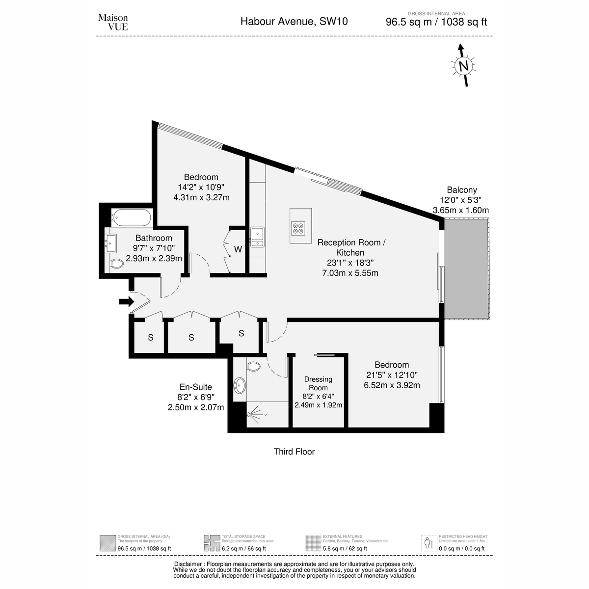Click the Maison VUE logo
pos(113,22)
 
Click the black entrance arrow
pos(127,302)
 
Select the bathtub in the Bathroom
pos(131,217)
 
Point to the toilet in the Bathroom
pos(116,264)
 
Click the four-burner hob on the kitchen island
pos(298,228)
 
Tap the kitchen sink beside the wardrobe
pos(257,237)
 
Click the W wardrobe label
pos(238,249)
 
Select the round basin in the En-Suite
pos(240,386)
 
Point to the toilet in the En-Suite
pos(253,367)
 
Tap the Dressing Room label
pos(318,383)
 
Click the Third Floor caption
pos(294,452)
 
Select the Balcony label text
pos(462,190)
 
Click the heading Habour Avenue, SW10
pos(294,22)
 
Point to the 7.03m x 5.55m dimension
pos(350,273)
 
